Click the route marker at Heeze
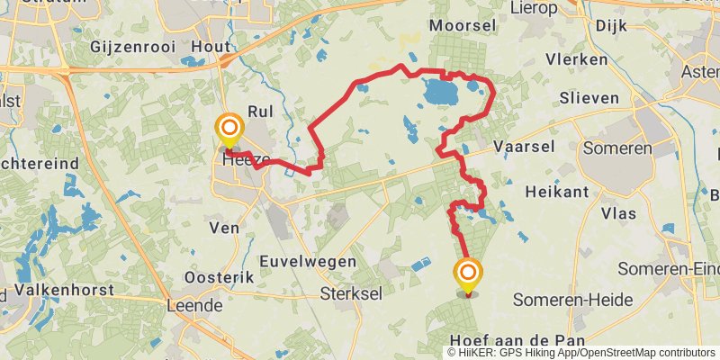tap(229, 129)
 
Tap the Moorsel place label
tap(464, 24)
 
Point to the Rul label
tap(259, 112)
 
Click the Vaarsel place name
tap(523, 146)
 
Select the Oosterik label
tap(219, 277)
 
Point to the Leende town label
tap(194, 305)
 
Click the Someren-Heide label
tap(572, 300)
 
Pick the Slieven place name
tap(590, 97)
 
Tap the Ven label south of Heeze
tap(225, 229)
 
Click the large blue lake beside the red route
tap(438, 92)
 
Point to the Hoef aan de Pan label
tap(517, 340)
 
